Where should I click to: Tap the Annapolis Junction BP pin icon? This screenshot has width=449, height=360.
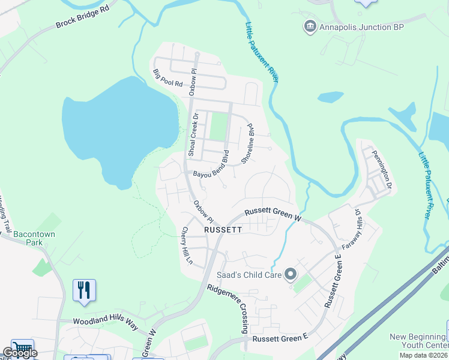310,27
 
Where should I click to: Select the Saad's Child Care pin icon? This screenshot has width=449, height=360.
291,275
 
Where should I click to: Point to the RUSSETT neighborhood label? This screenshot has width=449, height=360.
223,229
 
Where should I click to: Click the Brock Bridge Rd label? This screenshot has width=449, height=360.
84,17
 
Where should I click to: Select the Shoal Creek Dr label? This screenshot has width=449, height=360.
193,136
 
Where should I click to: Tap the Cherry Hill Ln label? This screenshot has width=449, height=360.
188,245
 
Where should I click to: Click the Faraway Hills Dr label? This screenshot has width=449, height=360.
352,229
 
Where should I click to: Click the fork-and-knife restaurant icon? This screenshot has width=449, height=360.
83,290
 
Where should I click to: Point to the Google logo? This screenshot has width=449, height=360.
20,353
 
